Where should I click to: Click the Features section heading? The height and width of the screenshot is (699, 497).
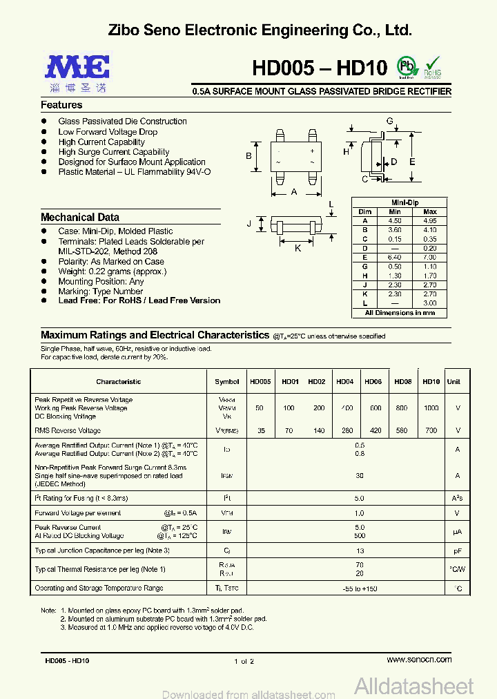coord(61,105)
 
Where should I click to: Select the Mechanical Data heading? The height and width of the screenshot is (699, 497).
coord(80,217)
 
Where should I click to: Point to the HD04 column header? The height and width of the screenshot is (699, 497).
coord(345,382)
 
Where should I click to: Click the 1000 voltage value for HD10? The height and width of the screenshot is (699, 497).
coord(431,408)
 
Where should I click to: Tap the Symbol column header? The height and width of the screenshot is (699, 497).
coord(226,382)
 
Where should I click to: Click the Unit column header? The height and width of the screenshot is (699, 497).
coord(454,382)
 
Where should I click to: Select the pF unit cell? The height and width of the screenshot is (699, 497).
coord(457,550)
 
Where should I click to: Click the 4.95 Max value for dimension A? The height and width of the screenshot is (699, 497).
coord(429,220)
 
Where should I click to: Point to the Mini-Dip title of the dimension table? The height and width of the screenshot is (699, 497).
coord(400,202)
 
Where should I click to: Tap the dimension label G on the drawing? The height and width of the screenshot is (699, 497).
coord(389,122)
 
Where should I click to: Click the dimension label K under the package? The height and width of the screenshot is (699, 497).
coord(298,248)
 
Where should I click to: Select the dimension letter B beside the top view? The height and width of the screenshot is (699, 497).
coord(248,155)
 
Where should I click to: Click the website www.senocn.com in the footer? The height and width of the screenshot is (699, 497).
coord(420,660)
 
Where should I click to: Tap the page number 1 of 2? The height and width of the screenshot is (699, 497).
coord(244,661)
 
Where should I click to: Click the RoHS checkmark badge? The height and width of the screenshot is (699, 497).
coord(432,67)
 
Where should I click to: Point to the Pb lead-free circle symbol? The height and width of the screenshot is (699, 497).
coord(407,66)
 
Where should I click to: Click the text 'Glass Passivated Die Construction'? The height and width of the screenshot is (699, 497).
coord(122,122)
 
